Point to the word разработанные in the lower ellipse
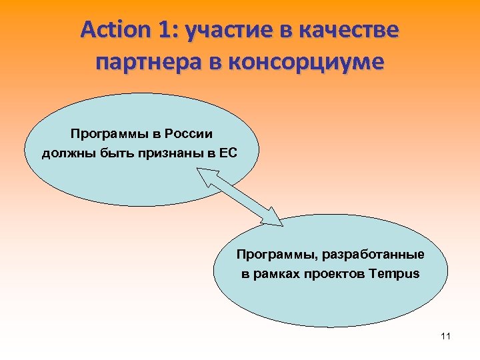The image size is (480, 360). click(383, 255)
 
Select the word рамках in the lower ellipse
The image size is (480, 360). click(277, 274)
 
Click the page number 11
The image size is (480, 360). click(445, 336)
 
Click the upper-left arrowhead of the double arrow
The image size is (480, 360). click(203, 176)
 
